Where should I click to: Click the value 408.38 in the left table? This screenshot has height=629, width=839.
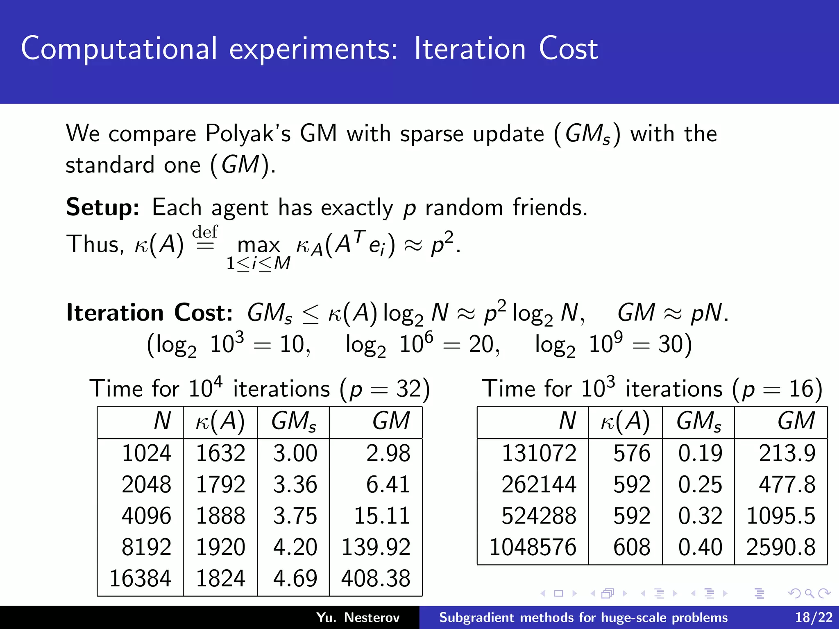(376, 579)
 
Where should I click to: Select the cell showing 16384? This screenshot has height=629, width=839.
(140, 579)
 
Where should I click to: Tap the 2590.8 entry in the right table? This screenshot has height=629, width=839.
(781, 547)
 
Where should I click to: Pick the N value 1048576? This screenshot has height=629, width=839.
(533, 547)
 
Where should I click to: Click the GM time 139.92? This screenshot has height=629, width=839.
(376, 547)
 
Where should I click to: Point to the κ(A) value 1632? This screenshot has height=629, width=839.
(220, 453)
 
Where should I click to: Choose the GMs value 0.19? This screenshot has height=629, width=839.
(700, 453)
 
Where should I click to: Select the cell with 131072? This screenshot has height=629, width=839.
(539, 453)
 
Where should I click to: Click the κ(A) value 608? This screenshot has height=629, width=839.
(632, 547)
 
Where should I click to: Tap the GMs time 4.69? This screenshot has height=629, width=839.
(295, 579)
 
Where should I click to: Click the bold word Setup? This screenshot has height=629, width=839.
(103, 207)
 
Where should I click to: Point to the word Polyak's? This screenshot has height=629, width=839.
(248, 133)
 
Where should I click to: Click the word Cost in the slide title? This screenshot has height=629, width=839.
(568, 49)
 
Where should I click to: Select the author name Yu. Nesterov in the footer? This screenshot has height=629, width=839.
(358, 617)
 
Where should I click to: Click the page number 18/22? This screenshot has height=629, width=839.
(814, 617)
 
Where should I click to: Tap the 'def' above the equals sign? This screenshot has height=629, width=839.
(205, 232)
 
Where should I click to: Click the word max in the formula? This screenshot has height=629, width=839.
(259, 245)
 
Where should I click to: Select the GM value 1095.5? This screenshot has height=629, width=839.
(781, 516)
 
